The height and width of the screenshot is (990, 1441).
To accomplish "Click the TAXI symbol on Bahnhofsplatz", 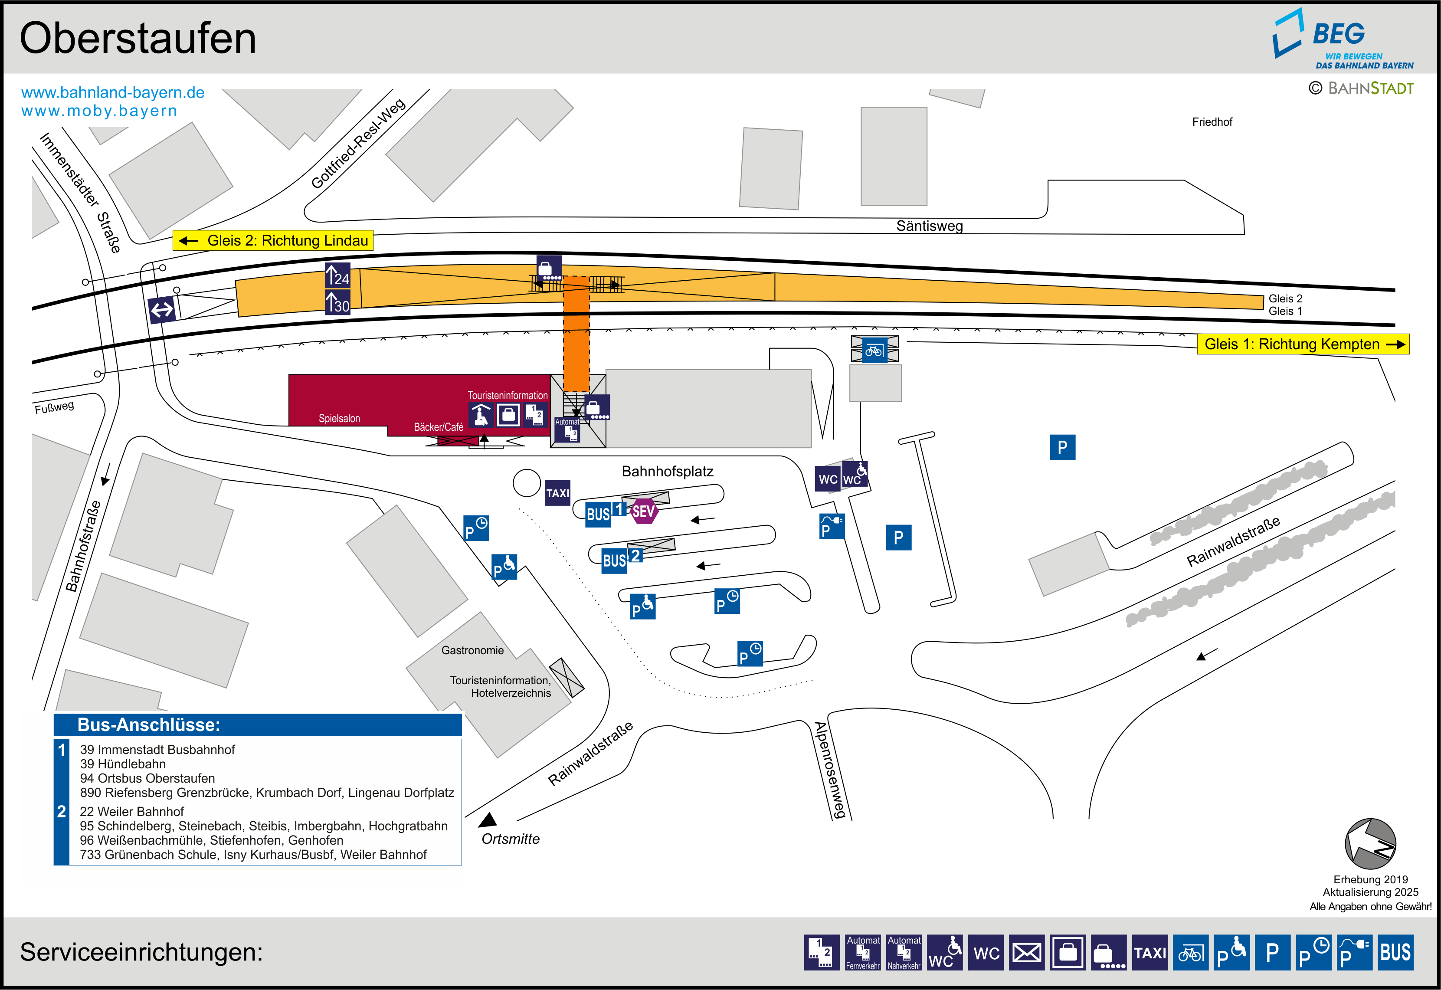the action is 557,493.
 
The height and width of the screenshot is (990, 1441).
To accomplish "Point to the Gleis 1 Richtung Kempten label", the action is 1303,344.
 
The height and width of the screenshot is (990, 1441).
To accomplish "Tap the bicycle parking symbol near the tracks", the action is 874,351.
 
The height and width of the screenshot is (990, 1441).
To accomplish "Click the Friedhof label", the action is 1212,122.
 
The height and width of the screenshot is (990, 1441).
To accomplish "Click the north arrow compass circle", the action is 1370,844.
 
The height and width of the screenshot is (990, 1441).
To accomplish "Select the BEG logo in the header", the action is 1343,39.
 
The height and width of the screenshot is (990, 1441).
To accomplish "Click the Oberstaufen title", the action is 138,39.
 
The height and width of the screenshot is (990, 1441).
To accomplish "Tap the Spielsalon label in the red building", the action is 339,419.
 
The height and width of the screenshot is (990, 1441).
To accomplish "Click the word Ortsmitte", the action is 510,839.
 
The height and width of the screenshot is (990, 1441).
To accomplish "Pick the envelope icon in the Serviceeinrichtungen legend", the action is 1027,952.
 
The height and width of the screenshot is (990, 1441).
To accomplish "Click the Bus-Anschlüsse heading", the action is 149,724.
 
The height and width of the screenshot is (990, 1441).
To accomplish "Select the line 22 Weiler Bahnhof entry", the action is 131,811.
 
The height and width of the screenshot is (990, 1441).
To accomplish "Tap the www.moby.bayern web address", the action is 99,111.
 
